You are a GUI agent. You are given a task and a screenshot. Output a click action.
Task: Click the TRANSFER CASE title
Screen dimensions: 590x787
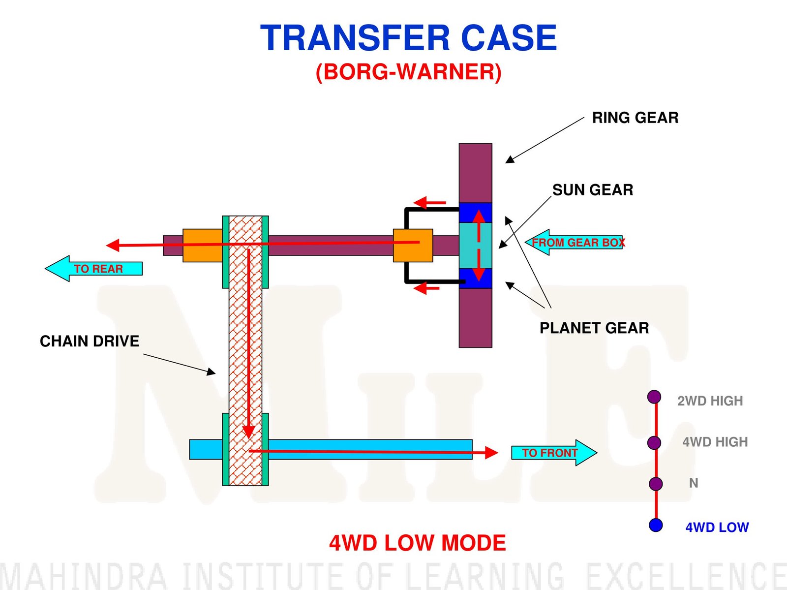(408, 38)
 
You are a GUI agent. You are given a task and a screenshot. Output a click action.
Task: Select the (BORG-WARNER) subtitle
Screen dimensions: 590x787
(408, 72)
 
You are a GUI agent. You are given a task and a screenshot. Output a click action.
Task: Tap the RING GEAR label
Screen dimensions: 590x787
(635, 118)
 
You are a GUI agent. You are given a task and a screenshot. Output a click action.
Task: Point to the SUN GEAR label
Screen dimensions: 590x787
(592, 190)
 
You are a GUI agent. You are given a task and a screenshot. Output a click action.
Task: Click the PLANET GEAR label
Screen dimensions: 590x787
(594, 328)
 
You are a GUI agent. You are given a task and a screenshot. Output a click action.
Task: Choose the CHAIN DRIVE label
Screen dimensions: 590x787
(89, 341)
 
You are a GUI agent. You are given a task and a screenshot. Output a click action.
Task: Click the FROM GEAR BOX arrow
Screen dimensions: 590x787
(575, 242)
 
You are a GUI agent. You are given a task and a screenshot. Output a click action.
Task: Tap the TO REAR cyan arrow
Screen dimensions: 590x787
(93, 269)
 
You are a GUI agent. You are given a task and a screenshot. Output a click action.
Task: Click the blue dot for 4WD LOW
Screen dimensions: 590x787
(656, 525)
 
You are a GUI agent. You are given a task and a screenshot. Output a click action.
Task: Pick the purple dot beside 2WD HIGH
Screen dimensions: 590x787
(654, 397)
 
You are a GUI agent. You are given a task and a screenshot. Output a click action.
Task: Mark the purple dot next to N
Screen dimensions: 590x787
(656, 484)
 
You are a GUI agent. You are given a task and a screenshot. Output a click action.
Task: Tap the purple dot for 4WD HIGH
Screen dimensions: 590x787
(654, 442)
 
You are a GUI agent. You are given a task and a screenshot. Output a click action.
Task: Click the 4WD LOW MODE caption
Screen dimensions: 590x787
(417, 543)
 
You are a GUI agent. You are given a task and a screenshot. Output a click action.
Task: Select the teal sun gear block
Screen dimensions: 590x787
(475, 245)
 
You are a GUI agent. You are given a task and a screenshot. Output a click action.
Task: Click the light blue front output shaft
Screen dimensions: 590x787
(369, 449)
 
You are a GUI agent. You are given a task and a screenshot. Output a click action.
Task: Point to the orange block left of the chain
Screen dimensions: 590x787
(202, 245)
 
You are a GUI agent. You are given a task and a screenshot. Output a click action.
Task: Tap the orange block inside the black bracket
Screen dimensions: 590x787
(413, 245)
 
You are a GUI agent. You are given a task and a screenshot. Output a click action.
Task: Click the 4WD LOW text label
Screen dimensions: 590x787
(717, 528)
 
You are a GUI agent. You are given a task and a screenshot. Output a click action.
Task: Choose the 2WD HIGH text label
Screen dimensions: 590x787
(710, 401)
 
